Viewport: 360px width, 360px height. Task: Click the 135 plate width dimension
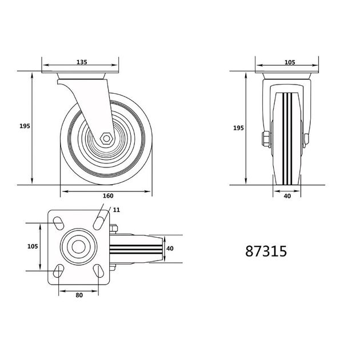82,62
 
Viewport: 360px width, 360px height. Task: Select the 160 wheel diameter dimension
108,195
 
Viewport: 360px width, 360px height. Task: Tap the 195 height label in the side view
25,126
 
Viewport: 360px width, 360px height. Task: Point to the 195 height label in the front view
238,128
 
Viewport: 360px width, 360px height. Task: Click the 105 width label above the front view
290,62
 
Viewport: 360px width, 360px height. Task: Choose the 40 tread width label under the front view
287,196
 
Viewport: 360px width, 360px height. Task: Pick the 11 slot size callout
117,210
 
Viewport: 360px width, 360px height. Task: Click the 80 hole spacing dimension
79,295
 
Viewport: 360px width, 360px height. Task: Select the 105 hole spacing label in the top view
33,246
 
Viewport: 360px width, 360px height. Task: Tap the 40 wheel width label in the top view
170,249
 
